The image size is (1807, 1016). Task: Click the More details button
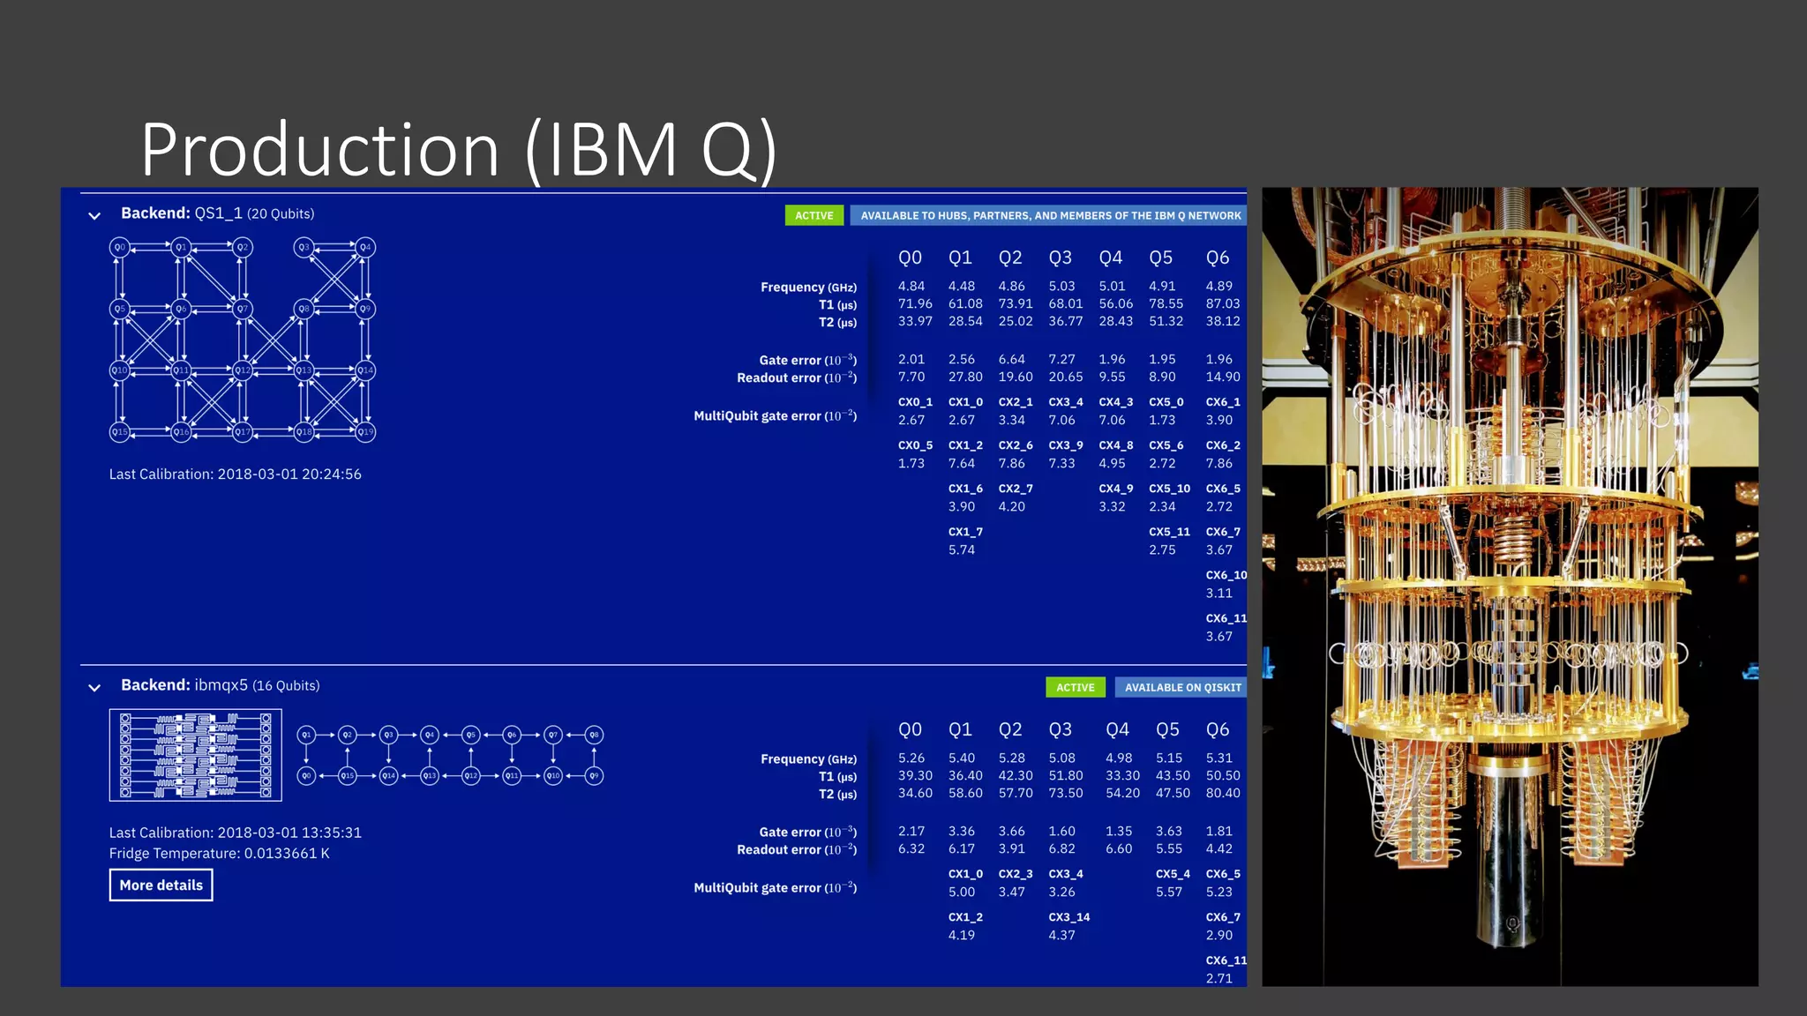tap(161, 885)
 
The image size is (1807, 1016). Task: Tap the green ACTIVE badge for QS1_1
tap(814, 215)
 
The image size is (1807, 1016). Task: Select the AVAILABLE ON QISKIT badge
tap(1182, 687)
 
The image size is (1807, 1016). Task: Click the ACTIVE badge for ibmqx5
tap(1075, 687)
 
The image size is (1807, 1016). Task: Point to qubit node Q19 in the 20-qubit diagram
tap(365, 432)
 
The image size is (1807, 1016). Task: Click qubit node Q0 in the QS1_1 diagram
tap(119, 248)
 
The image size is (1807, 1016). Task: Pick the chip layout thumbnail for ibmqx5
tap(195, 755)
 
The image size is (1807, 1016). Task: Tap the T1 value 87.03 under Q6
tap(1222, 303)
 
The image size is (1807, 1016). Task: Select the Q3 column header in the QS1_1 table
tap(1060, 258)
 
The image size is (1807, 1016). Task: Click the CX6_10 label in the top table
tap(1226, 575)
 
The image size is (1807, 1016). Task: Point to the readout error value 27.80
tap(964, 377)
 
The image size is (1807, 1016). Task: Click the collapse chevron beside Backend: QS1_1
tap(94, 215)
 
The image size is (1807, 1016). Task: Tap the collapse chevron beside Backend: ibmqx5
tap(94, 687)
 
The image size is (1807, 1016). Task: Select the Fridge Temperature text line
tap(219, 853)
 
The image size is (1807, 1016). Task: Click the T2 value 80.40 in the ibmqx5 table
tap(1222, 793)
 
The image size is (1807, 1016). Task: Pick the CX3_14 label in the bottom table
tap(1068, 917)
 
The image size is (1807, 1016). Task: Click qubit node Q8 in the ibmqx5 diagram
tap(594, 735)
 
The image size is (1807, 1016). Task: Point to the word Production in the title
tap(319, 150)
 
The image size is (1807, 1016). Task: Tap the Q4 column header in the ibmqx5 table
tap(1117, 729)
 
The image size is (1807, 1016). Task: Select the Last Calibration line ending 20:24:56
tap(235, 474)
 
